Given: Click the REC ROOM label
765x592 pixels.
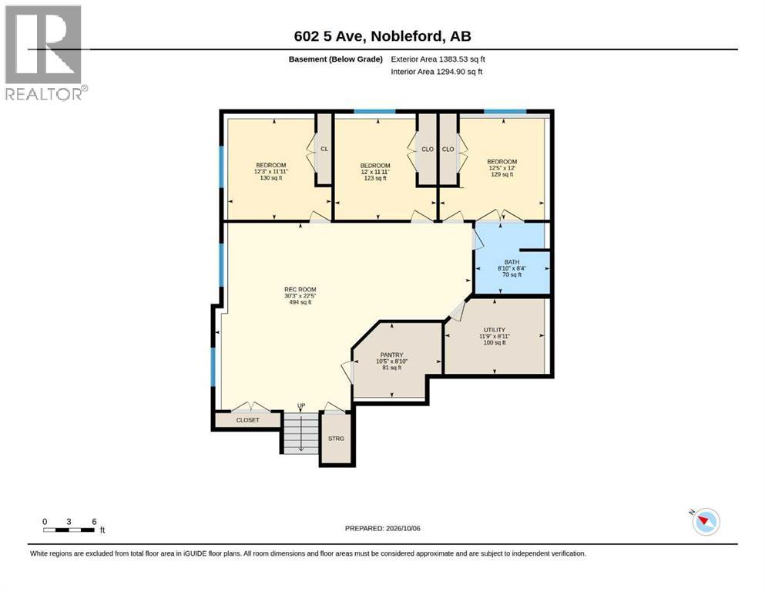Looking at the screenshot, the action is [x=300, y=289].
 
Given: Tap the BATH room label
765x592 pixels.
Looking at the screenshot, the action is [x=512, y=262].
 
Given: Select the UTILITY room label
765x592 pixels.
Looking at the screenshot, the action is [x=495, y=330].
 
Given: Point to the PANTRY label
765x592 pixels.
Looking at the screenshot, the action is [x=392, y=355].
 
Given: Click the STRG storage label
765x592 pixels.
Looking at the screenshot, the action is [x=336, y=439].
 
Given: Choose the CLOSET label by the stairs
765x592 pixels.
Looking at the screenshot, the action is [x=248, y=420].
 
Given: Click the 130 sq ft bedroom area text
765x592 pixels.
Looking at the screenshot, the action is [x=270, y=178].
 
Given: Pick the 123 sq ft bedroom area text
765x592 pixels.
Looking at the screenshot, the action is [x=375, y=179].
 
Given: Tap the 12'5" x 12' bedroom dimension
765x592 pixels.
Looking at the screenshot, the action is [x=502, y=168].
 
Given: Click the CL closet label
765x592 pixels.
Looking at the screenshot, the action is [x=324, y=149].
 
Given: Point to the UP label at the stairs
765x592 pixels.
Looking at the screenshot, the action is [x=301, y=405].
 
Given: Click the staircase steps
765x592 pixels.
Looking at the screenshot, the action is [x=301, y=432].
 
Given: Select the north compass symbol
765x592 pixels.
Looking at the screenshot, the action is [x=706, y=522].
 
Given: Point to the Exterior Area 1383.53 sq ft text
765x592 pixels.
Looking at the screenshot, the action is [x=438, y=59].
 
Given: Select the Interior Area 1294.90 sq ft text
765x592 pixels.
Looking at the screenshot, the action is [x=437, y=72].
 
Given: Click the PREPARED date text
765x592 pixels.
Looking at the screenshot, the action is [x=382, y=528].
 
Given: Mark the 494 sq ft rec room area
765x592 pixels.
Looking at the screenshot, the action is [x=300, y=303].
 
